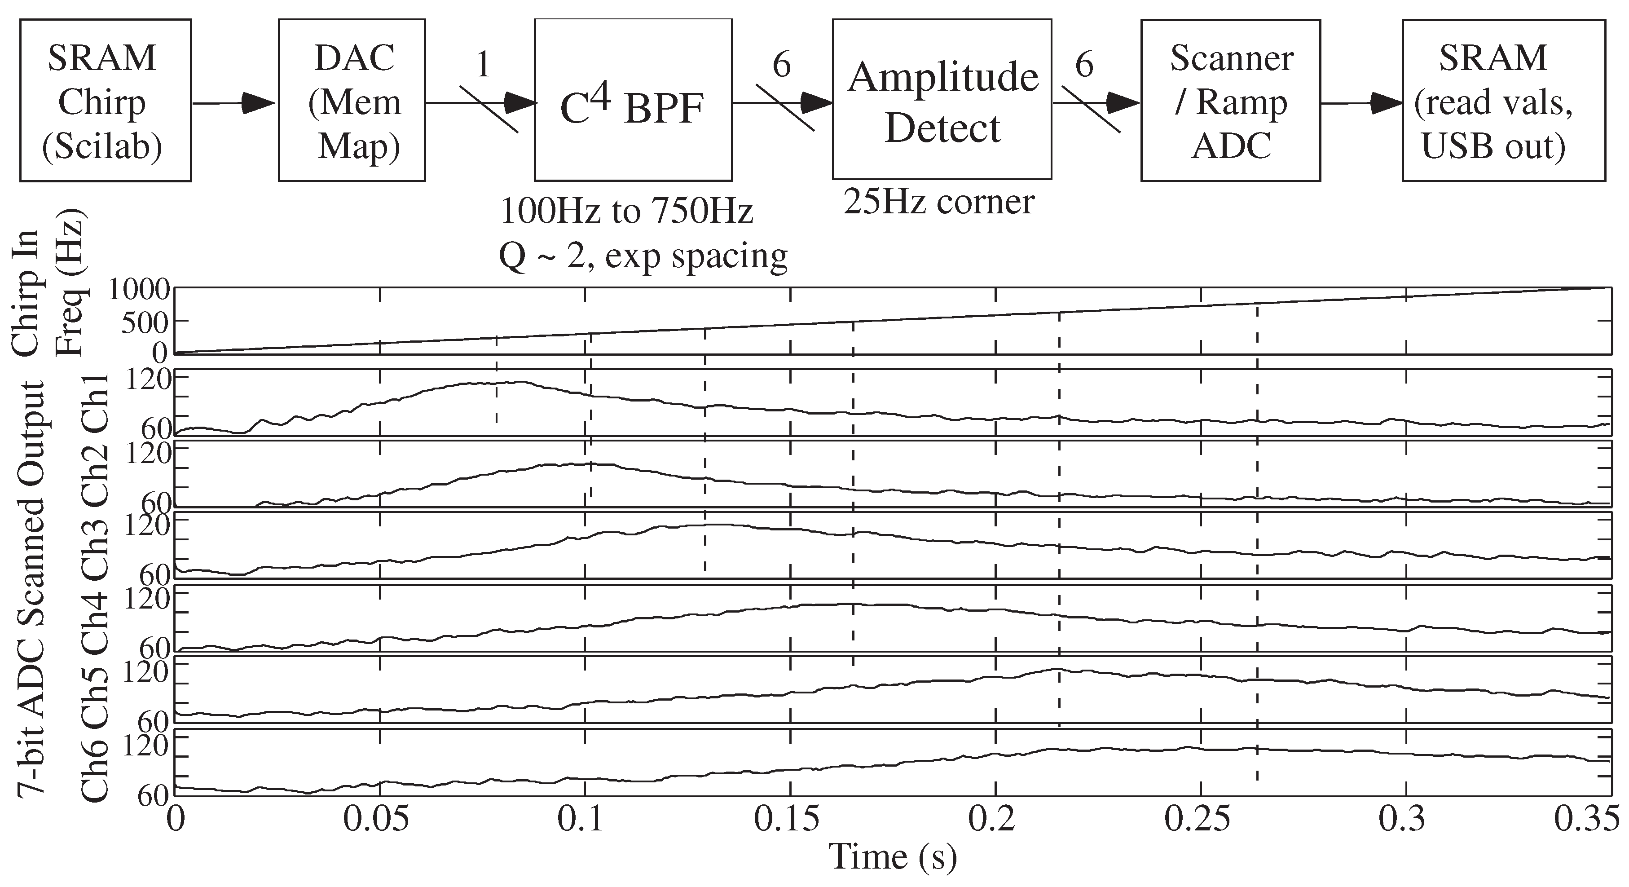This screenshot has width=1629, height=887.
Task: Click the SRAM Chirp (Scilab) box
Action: tap(105, 101)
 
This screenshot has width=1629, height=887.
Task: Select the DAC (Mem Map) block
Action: tap(352, 101)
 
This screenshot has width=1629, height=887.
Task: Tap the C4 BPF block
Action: tap(633, 101)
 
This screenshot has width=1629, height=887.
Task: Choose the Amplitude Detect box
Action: tap(942, 101)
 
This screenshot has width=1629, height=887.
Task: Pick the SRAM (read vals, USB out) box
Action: tap(1503, 101)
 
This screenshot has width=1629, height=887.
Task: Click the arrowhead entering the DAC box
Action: tap(259, 103)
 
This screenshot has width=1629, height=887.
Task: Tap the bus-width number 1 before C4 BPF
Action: tap(483, 65)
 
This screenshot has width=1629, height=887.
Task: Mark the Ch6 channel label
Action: tap(95, 766)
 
